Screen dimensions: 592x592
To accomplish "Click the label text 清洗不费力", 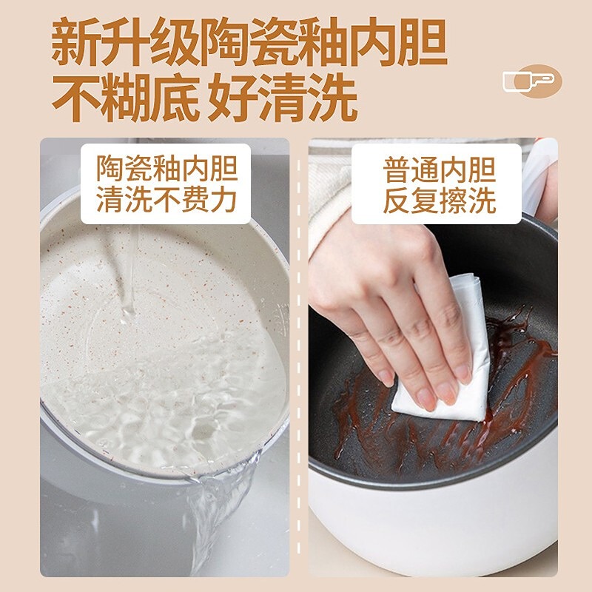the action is [166, 199].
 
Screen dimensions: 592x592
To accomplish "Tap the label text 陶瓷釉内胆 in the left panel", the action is [166, 169].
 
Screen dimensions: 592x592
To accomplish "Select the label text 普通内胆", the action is [439, 170].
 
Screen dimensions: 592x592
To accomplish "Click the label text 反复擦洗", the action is [439, 201].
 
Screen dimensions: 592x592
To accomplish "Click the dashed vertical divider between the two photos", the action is [299, 357].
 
